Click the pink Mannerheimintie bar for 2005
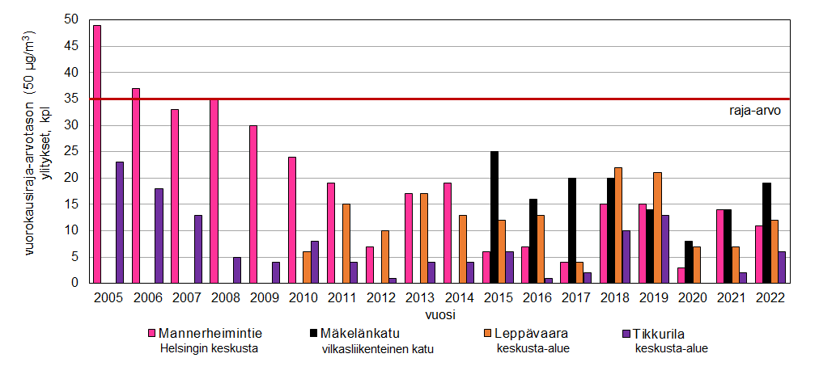coord(97,154)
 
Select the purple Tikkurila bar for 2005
coord(120,222)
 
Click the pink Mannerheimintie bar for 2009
coord(253,204)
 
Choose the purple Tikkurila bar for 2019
coord(664,249)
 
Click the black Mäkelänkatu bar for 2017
coord(572,230)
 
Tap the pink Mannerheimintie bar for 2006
coord(136,185)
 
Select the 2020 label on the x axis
coord(694,297)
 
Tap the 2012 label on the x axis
coord(381,297)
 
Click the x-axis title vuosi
coord(439,312)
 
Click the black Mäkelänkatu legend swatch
coord(313,333)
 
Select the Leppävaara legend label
coord(528,332)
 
